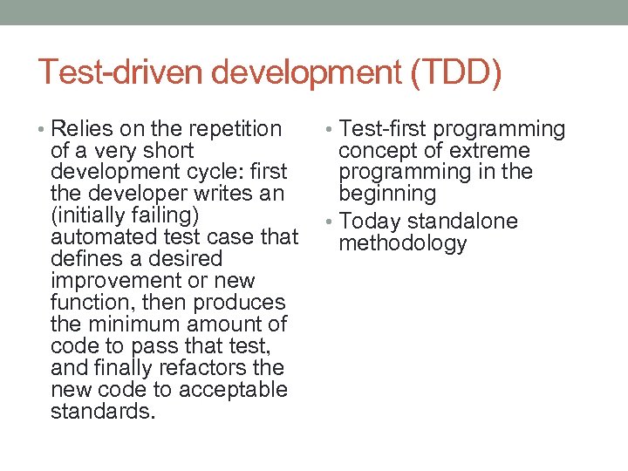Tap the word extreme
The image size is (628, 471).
tap(489, 151)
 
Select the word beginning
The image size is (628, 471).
tap(386, 194)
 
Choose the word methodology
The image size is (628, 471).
tap(402, 243)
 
